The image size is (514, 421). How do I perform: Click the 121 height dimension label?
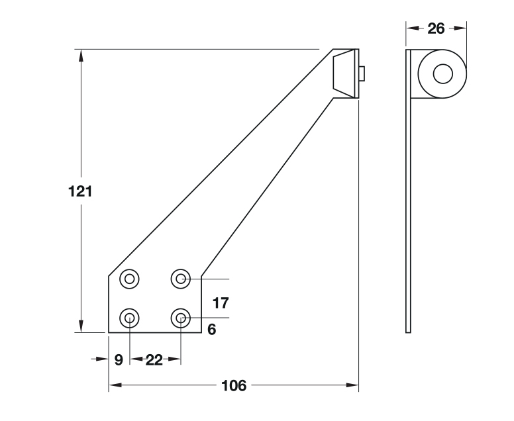tap(80, 191)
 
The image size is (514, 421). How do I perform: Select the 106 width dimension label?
tap(234, 386)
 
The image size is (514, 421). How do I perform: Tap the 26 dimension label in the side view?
tap(436, 28)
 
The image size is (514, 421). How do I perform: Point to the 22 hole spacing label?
tap(154, 360)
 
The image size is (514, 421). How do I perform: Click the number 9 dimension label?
tap(119, 360)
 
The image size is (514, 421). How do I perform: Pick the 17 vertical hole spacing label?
tap(221, 303)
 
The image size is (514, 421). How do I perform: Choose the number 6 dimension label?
tap(212, 329)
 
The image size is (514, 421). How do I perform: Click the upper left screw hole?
tap(129, 279)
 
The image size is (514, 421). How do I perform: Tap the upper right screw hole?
tap(181, 279)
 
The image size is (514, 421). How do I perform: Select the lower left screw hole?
tap(129, 318)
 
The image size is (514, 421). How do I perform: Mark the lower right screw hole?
tap(181, 318)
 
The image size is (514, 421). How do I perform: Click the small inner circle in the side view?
tap(443, 73)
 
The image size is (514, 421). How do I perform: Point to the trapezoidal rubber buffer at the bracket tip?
tap(344, 73)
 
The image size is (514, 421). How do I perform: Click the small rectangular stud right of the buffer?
tap(362, 73)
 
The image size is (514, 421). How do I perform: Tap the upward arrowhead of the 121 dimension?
tap(81, 56)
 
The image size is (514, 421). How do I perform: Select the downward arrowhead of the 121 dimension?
tap(81, 326)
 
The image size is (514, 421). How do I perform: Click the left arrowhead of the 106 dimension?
tap(115, 385)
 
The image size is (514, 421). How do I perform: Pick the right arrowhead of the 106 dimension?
tap(352, 385)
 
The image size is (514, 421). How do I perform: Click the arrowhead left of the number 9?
tap(102, 359)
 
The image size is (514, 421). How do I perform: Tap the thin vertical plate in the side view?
tap(408, 191)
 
